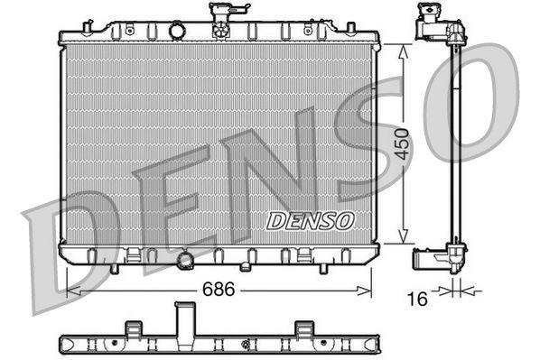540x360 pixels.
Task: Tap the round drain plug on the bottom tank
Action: point(187,261)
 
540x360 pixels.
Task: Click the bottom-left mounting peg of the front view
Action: point(113,268)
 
